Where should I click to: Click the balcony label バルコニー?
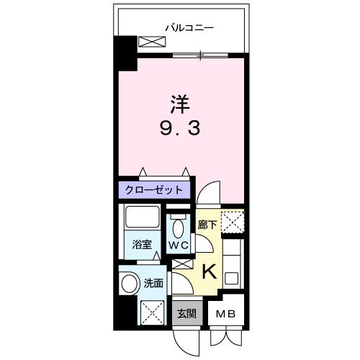(x=190, y=29)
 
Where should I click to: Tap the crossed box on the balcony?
(x=151, y=42)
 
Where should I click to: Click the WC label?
(x=179, y=245)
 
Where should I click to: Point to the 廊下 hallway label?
(x=207, y=224)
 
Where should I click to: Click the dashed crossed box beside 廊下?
(x=231, y=222)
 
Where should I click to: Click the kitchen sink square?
(x=232, y=277)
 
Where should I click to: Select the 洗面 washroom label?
(x=153, y=283)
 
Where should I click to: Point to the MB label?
(x=227, y=314)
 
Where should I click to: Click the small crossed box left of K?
(x=181, y=264)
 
